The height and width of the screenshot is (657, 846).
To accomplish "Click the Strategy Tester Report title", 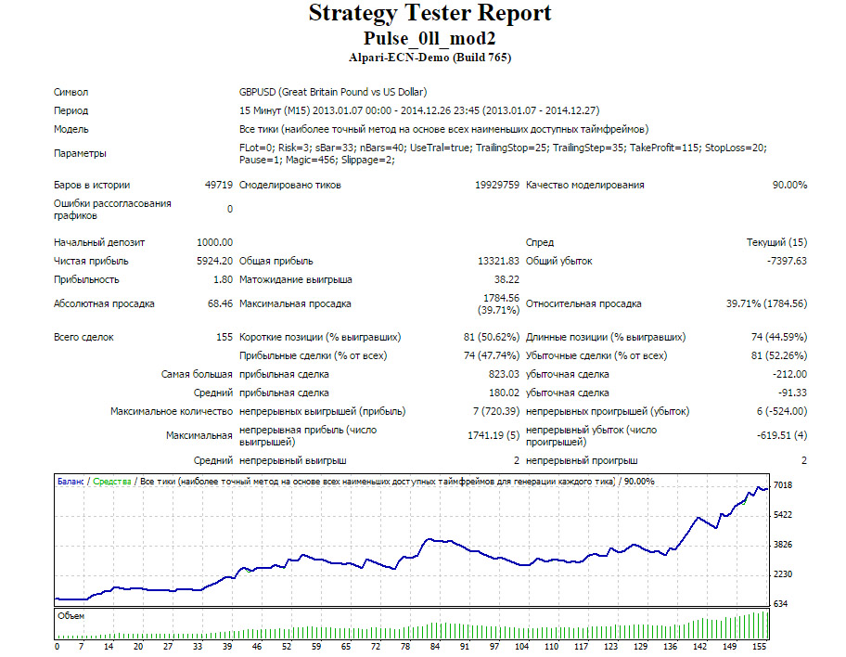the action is (429, 13).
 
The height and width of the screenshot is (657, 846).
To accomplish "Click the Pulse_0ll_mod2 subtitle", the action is (429, 38).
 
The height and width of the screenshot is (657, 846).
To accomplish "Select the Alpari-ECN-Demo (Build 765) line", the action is (429, 58).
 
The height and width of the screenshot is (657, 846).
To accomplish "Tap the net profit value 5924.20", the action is (214, 262).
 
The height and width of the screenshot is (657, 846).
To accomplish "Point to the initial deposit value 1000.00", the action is (214, 242).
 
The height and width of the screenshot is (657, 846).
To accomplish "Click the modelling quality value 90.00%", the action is (789, 185).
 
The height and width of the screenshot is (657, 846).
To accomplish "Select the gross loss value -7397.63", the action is (787, 262).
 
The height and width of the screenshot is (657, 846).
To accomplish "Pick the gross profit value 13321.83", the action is (498, 262).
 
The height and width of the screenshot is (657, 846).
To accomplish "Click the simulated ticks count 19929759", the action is (497, 185).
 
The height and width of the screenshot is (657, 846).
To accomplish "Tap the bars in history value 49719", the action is (219, 185).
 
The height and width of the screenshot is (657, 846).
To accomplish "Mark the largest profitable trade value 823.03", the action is (504, 374).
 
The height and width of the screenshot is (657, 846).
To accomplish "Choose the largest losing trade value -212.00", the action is (789, 374).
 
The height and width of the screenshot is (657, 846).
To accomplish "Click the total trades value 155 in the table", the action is (224, 337).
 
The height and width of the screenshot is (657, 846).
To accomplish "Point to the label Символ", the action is (70, 92).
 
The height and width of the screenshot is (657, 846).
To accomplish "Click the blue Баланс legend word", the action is (70, 482).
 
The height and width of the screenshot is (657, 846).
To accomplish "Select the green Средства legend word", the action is (112, 482).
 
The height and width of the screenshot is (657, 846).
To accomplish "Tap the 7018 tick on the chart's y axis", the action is (783, 485).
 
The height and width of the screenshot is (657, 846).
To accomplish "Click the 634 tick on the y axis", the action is (781, 603).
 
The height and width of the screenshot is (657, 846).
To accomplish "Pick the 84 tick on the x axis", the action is (435, 646).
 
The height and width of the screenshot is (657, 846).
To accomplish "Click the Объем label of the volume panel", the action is (71, 616).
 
